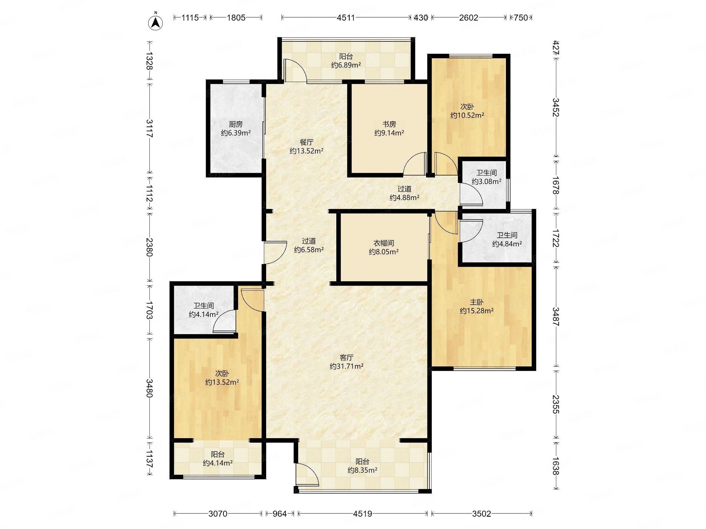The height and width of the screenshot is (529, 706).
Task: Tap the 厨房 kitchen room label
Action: pos(236,124)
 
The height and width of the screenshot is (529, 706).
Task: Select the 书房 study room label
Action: pos(389,124)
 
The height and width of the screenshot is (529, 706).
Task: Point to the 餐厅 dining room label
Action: pos(307,142)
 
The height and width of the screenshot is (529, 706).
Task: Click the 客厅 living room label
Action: pos(346,358)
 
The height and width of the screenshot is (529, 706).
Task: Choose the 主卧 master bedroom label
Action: pos(477,302)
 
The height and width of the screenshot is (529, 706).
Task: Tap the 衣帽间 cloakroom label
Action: pos(384,243)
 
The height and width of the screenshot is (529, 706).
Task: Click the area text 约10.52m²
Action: pos(467,115)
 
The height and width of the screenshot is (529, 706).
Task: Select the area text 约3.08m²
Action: pos(487,181)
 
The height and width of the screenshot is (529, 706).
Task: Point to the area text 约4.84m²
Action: pos(507,244)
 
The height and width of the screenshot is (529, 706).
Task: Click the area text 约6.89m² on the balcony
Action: pos(346,65)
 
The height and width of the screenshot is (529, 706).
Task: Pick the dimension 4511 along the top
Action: pos(346,18)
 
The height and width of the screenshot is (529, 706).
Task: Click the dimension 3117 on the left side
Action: pos(149,128)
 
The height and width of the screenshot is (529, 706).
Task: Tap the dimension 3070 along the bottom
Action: pos(218,514)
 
